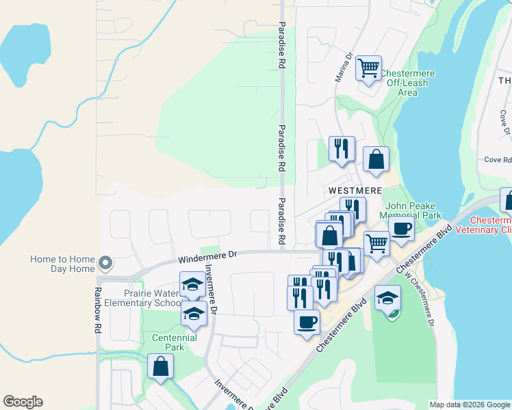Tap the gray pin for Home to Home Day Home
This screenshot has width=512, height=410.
point(105,262)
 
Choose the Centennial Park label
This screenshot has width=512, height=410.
point(174,342)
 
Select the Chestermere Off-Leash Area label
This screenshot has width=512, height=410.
point(407,83)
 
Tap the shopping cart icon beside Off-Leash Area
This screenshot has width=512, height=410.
point(368,68)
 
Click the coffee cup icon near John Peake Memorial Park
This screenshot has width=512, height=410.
point(401,228)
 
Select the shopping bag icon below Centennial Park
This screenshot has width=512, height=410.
point(160,366)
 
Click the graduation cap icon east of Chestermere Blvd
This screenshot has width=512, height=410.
point(387,298)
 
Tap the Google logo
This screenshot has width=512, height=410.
point(23,402)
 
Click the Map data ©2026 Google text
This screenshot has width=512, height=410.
point(470,405)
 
